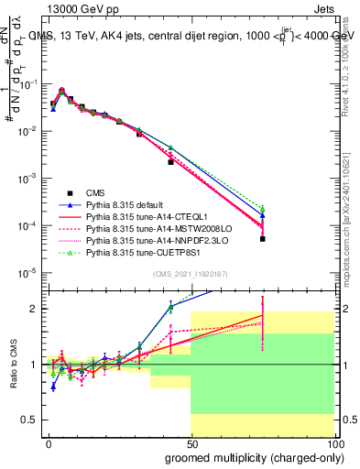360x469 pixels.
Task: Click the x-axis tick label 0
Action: pos(49,443)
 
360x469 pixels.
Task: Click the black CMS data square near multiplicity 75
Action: pos(262,238)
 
